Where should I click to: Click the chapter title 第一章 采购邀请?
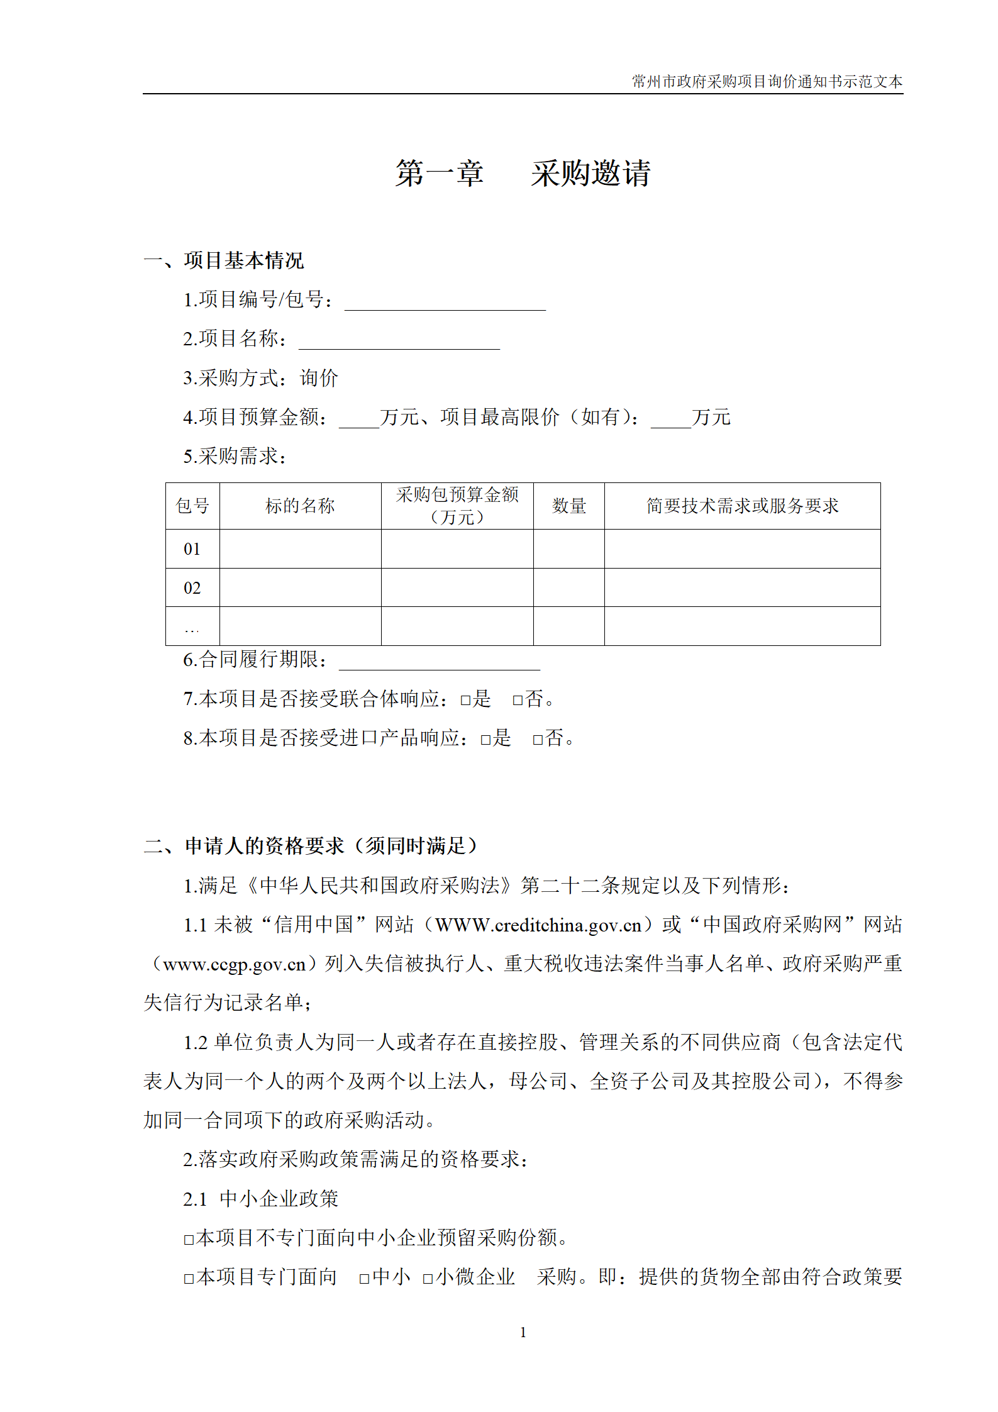(x=523, y=173)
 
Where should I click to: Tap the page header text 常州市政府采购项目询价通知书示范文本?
(x=767, y=82)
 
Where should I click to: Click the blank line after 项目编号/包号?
(x=445, y=302)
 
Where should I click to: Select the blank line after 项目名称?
(x=399, y=341)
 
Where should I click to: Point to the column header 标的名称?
(x=300, y=506)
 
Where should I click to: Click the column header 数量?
(x=568, y=506)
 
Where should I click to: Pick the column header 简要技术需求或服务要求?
(x=742, y=506)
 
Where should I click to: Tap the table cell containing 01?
(x=192, y=549)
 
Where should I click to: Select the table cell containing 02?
(x=192, y=588)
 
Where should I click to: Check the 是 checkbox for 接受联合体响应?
(x=465, y=700)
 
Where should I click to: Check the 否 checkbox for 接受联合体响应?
(x=518, y=700)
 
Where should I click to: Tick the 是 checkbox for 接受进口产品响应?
(x=485, y=740)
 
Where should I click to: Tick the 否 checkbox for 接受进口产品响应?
(x=538, y=740)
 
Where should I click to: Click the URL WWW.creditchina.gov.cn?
(x=538, y=925)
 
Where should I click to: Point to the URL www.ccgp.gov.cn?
(x=234, y=964)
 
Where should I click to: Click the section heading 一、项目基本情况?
(x=224, y=260)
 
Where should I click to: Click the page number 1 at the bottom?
(x=523, y=1332)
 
